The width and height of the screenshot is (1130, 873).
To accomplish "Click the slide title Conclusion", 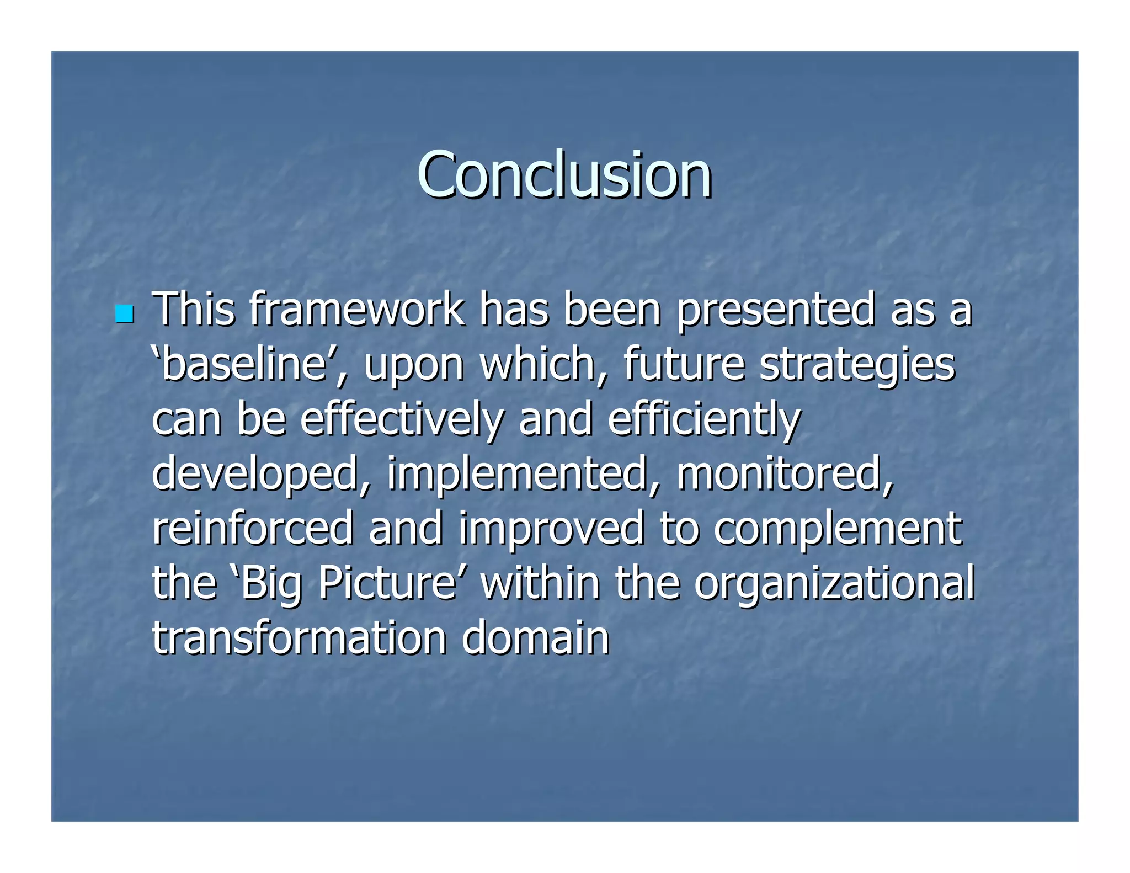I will [x=564, y=175].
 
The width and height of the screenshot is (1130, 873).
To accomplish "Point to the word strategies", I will [x=857, y=366].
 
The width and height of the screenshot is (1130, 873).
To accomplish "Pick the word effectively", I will [x=402, y=420].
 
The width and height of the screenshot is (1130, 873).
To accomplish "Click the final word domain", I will [x=535, y=638].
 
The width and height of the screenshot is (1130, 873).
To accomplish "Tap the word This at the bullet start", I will [x=193, y=310].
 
